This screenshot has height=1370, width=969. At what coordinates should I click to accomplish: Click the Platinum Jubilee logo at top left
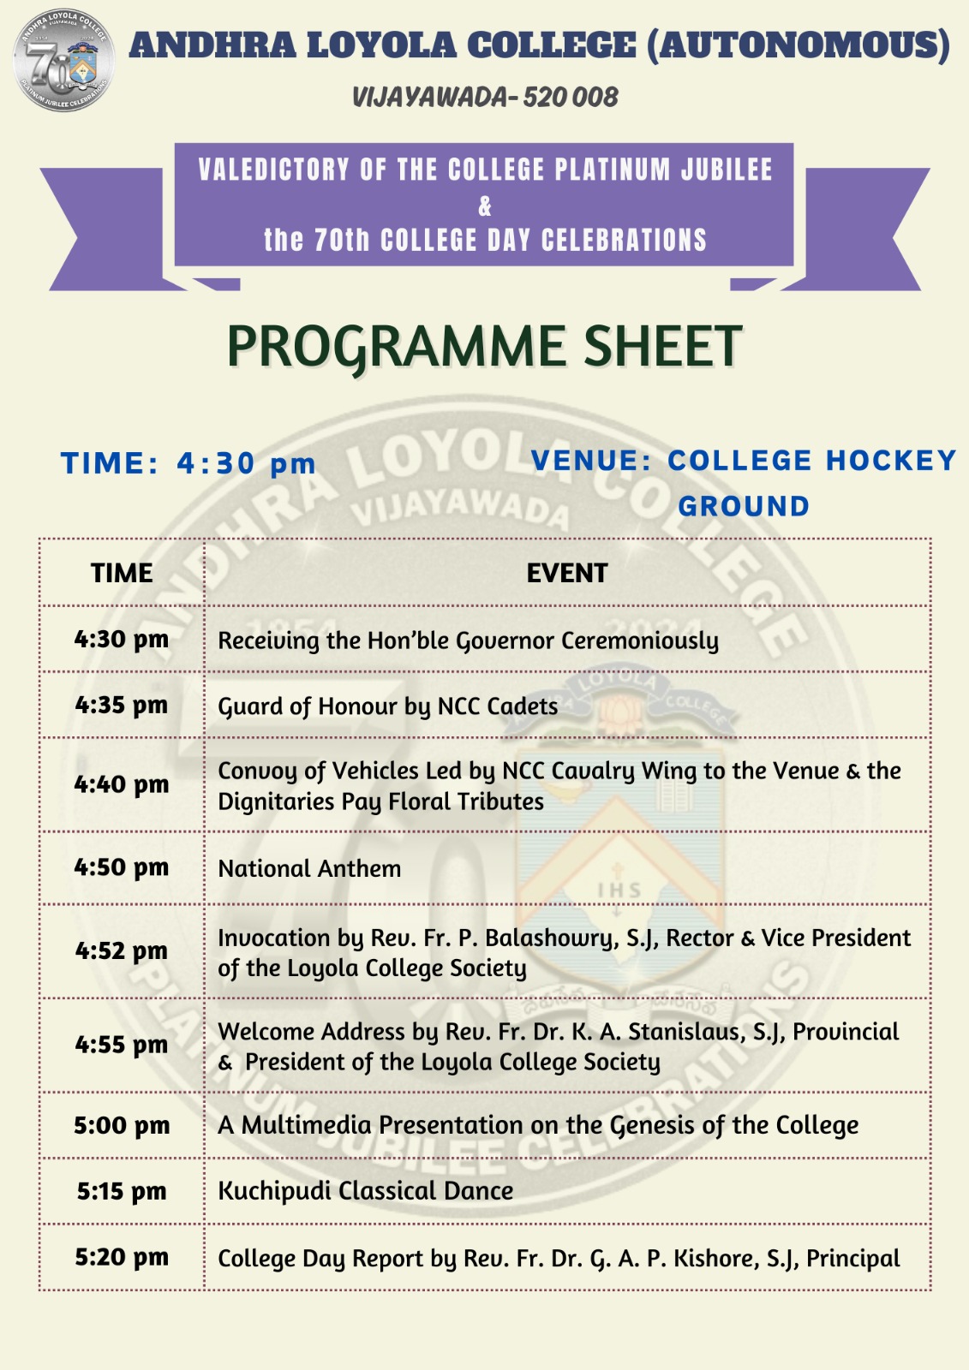click(63, 61)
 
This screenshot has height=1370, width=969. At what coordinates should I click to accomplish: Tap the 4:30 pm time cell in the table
click(122, 640)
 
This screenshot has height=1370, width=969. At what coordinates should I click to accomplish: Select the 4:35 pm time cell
click(122, 706)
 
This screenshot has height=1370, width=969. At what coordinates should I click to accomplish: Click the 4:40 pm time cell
click(122, 784)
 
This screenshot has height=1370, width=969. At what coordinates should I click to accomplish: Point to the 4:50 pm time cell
click(122, 867)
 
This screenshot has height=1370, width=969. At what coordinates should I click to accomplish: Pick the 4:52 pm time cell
click(122, 950)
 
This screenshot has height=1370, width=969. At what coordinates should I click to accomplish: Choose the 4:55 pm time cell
click(122, 1045)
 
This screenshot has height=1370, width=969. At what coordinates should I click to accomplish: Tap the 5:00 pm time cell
click(122, 1125)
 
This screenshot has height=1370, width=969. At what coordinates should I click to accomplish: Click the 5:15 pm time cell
click(122, 1191)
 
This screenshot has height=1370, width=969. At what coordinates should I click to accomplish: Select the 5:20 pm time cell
click(122, 1257)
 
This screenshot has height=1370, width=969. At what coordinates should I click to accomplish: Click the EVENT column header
click(566, 573)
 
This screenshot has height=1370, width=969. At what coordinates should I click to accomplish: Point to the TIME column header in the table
click(122, 573)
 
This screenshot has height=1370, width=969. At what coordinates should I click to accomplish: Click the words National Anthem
click(309, 868)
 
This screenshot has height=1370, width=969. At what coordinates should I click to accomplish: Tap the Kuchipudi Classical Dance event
click(366, 1191)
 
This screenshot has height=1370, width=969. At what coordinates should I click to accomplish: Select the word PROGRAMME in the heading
click(397, 347)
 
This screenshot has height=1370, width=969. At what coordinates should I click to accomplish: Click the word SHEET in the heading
click(662, 347)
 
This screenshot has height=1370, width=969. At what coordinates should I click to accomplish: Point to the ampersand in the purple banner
click(485, 206)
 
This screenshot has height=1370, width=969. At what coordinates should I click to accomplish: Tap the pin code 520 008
click(571, 98)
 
